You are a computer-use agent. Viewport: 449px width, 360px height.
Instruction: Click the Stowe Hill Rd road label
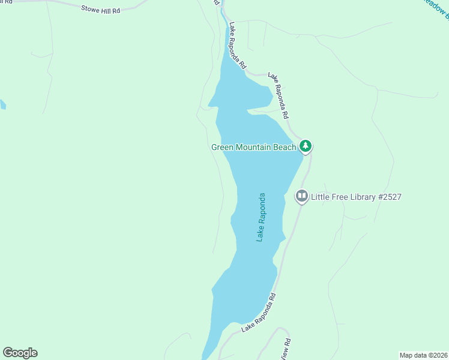coord(101,8)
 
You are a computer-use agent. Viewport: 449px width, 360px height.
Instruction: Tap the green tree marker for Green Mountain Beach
coord(306,146)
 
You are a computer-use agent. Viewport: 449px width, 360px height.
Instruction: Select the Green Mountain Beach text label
coord(253,147)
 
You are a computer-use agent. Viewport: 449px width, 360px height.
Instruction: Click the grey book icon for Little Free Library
coord(301,196)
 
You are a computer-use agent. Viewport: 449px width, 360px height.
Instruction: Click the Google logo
coord(20,353)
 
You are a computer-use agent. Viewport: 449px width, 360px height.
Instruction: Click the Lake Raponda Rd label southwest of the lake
coord(259,313)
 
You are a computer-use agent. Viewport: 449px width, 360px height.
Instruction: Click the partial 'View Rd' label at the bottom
coord(287,349)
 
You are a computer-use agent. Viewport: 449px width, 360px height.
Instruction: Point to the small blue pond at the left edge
coord(2,105)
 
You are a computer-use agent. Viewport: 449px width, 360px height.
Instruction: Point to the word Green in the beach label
coord(222,147)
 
